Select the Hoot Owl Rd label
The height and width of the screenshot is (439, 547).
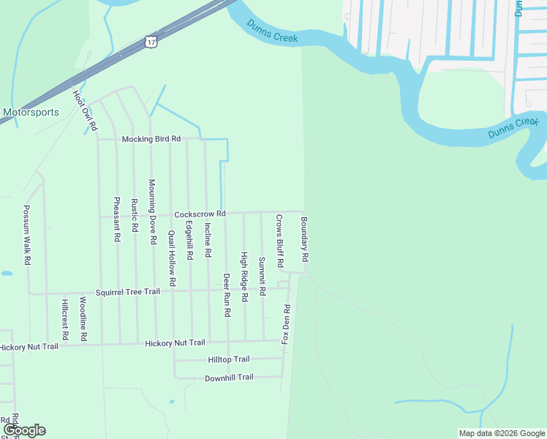point(84,109)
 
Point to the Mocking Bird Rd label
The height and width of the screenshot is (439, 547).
point(151,139)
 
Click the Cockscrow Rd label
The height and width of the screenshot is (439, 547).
point(200,214)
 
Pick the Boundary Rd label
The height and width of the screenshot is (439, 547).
point(304,239)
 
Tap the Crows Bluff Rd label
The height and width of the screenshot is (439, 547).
point(279,241)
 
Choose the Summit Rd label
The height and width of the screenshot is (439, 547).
point(262,276)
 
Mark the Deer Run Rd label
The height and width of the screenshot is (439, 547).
point(227,295)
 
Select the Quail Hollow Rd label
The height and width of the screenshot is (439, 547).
point(172,258)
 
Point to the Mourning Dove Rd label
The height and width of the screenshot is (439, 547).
point(152,211)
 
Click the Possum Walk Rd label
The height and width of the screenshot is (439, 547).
point(27,235)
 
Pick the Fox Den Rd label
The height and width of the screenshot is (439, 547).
point(287,324)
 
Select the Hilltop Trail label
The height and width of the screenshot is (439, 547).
point(228,359)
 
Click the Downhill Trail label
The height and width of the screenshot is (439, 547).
point(228,377)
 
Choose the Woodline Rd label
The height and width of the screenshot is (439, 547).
point(84,319)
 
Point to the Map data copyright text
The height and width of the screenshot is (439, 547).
point(501,433)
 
